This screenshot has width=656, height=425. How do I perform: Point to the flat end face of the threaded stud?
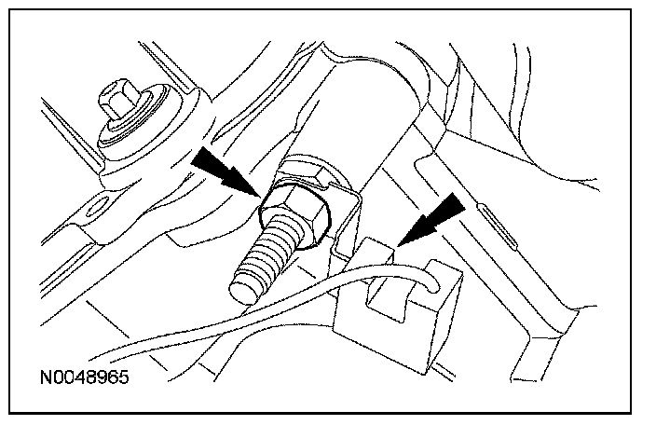pyautogui.click(x=243, y=281)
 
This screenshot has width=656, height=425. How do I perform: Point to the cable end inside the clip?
pyautogui.click(x=430, y=278)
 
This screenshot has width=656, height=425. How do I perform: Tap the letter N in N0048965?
pyautogui.click(x=46, y=381)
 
